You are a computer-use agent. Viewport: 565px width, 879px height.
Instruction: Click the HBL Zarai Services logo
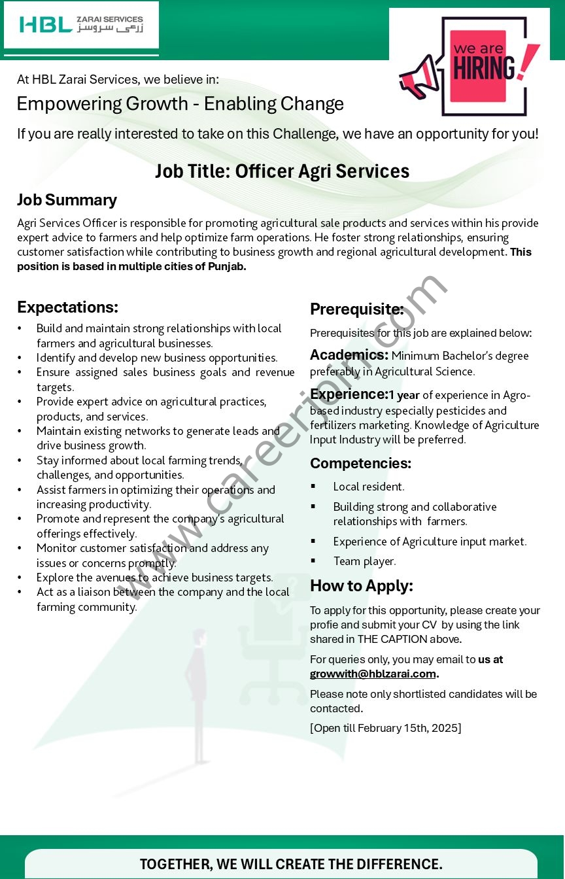tap(81, 25)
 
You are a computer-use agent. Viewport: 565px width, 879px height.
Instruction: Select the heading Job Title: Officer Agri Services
tap(282, 171)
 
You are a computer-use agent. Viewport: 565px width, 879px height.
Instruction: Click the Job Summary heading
tap(67, 200)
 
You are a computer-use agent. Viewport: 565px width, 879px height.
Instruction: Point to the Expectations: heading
tap(67, 307)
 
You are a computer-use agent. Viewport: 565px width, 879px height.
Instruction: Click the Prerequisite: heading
tap(356, 309)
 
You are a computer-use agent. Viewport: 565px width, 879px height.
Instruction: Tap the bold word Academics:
tap(349, 355)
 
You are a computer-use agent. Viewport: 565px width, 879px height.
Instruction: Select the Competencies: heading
tap(360, 464)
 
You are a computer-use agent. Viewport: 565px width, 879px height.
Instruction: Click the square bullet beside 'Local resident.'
tap(314, 486)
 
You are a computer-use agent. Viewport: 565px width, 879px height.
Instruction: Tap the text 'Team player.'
tap(364, 561)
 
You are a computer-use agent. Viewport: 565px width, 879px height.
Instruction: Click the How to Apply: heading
tap(361, 586)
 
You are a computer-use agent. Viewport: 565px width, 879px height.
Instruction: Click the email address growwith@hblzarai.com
tap(373, 674)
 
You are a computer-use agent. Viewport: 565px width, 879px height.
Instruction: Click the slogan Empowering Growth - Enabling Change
tap(180, 104)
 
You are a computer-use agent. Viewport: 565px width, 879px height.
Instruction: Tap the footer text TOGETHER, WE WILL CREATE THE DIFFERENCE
tap(291, 864)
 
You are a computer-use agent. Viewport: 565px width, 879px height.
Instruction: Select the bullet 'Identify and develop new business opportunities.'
tap(157, 358)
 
